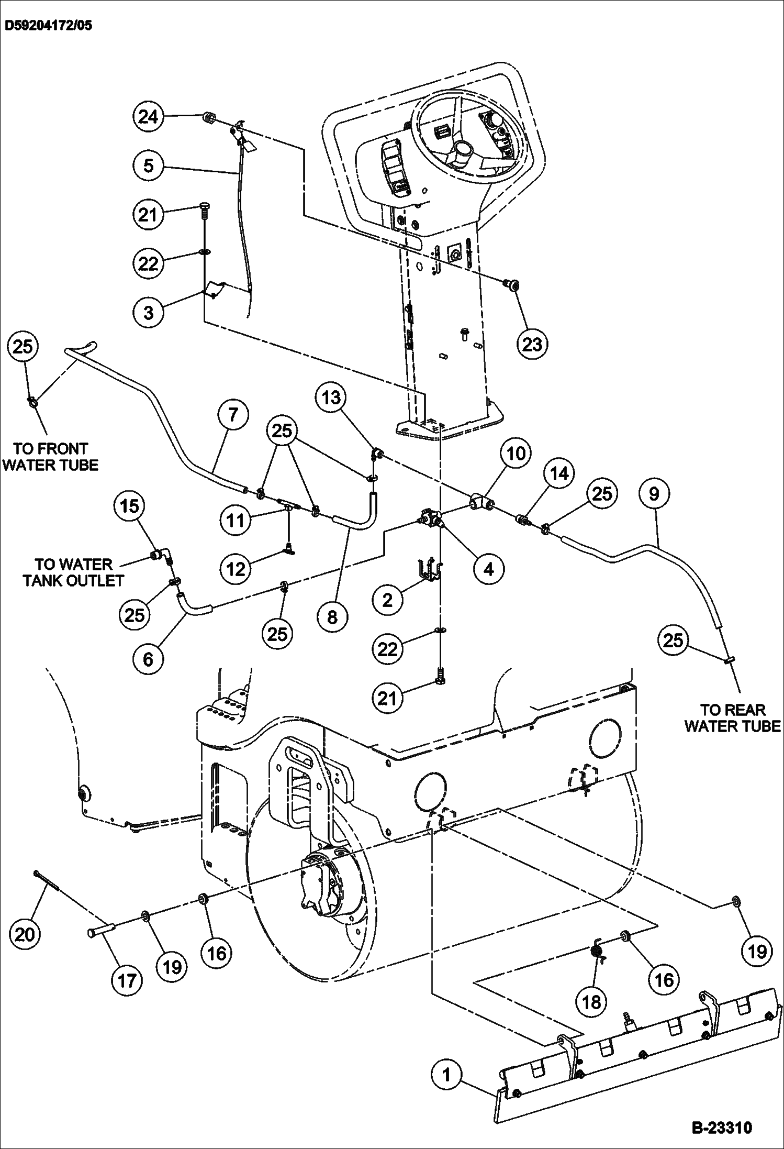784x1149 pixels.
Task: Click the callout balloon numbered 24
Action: coord(148,116)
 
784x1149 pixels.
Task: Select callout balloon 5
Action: coord(148,166)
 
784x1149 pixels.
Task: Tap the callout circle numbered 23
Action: coord(532,344)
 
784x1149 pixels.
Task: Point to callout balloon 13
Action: coord(331,398)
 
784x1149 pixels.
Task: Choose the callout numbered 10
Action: coord(516,453)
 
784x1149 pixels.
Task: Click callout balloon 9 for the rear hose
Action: coord(654,493)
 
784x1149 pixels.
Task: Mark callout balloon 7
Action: coord(233,415)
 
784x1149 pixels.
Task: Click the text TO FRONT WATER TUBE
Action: coord(50,457)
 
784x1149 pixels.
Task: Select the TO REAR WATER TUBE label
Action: coord(732,718)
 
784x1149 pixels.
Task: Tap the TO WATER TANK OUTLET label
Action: coord(73,572)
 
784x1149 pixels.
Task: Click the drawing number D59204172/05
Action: coord(48,25)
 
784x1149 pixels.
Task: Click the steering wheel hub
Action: coord(464,151)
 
